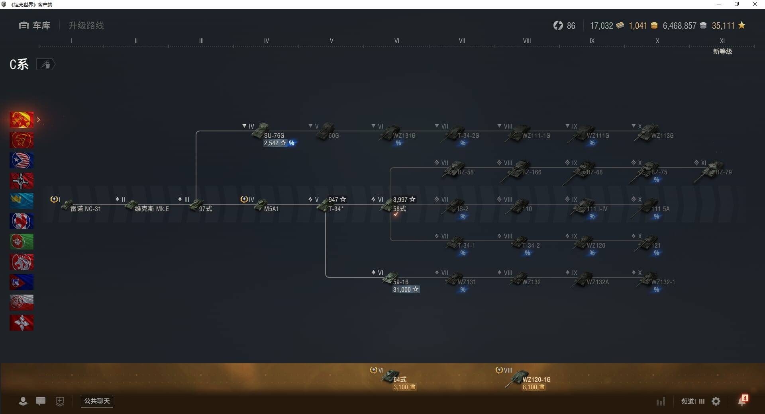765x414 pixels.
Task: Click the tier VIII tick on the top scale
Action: (x=527, y=41)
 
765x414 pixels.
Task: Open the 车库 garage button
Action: (x=35, y=25)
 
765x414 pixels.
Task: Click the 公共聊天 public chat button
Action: (x=97, y=401)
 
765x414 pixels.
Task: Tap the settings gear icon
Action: (x=716, y=401)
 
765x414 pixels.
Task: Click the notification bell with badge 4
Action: (x=742, y=401)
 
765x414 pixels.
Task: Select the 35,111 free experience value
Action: (x=723, y=26)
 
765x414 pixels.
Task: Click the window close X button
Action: (x=755, y=4)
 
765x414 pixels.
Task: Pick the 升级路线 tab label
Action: (x=86, y=25)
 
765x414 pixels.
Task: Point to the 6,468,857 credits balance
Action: (x=679, y=26)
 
